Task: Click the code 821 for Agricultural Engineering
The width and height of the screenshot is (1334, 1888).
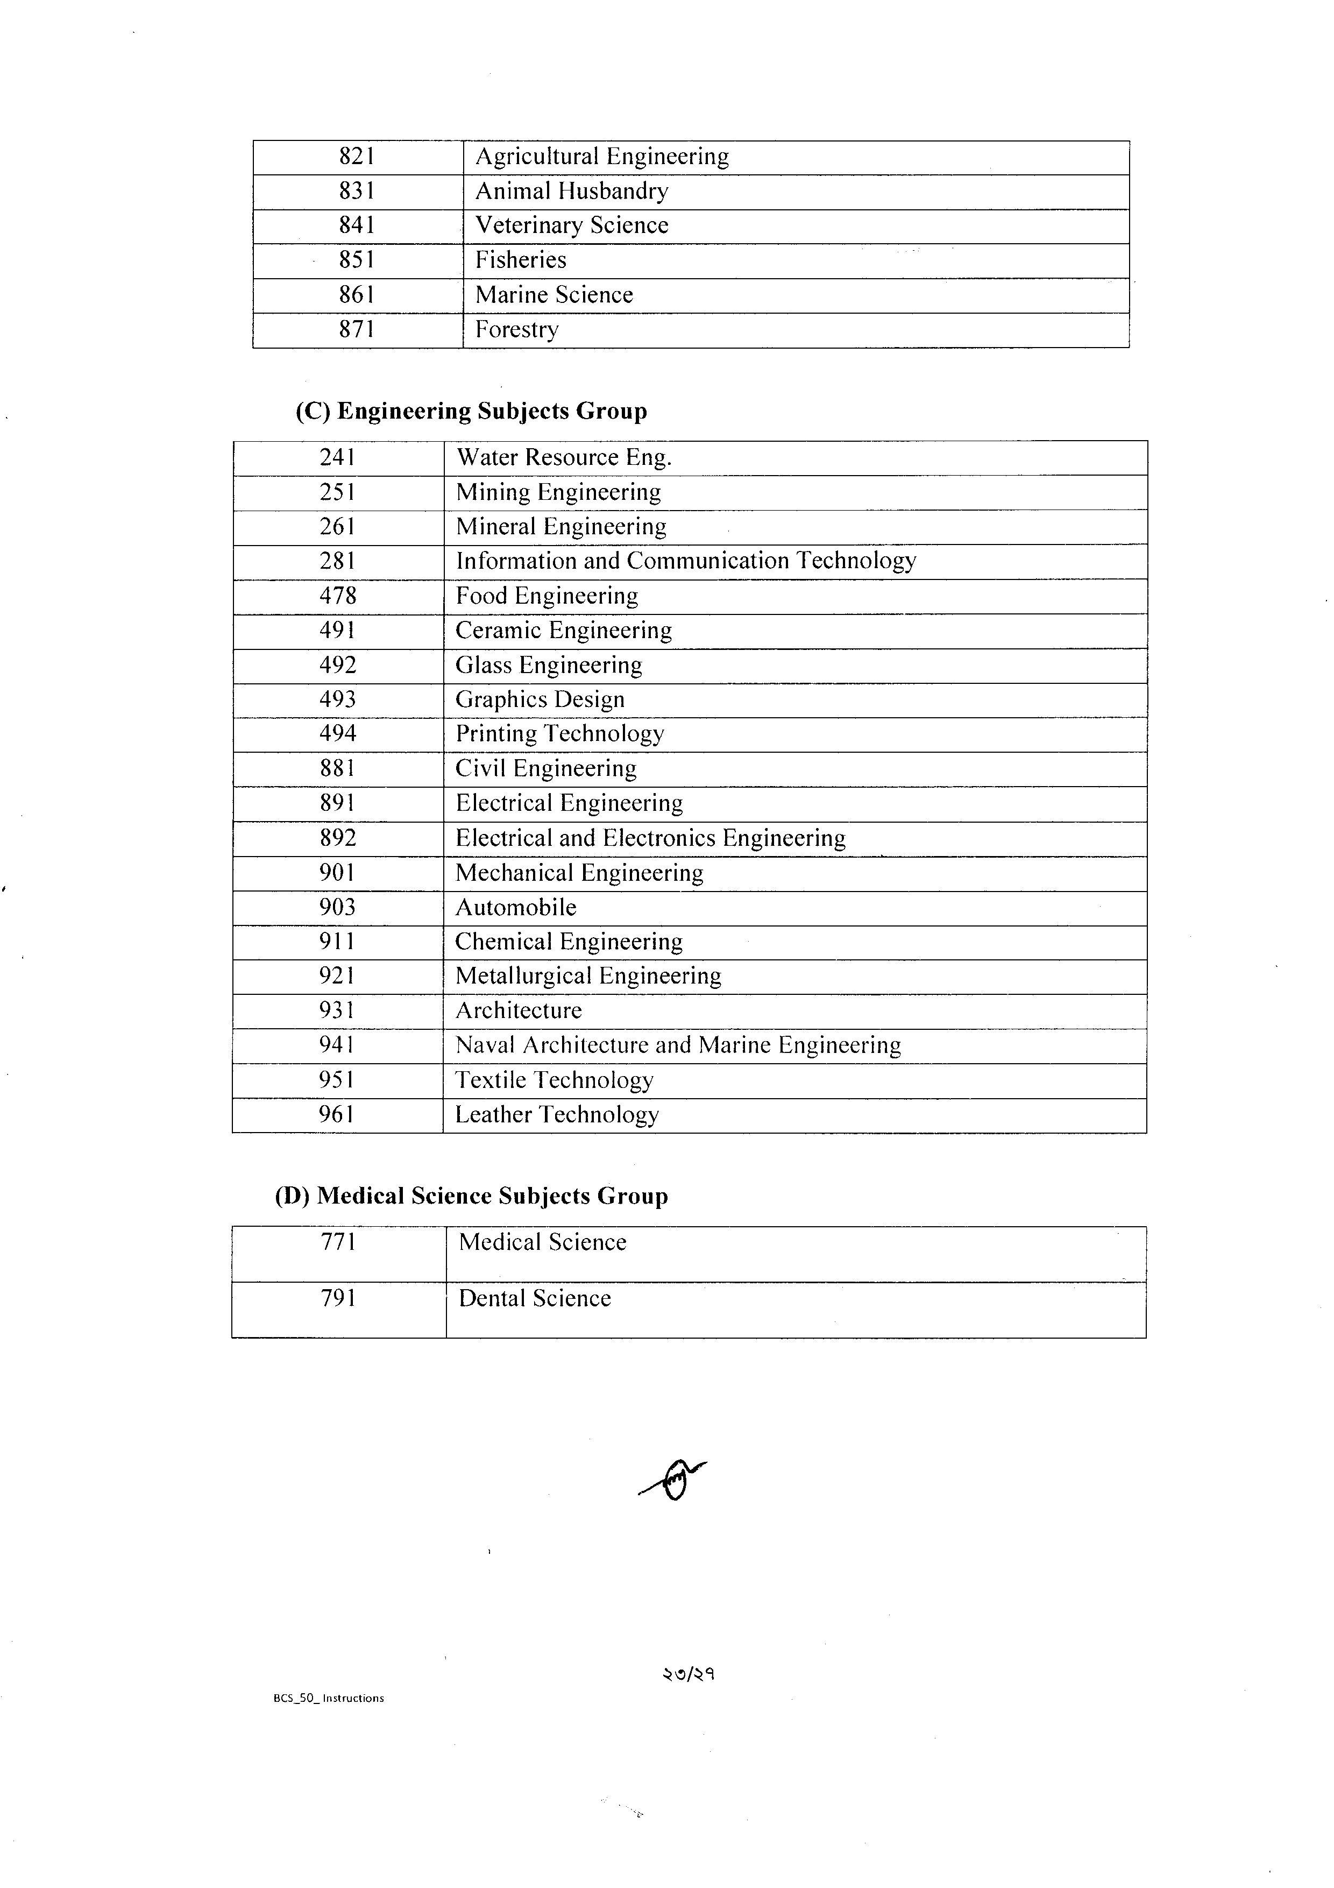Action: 357,156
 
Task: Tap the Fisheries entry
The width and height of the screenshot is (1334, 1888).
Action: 520,260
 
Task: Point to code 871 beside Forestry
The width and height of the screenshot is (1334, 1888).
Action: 357,329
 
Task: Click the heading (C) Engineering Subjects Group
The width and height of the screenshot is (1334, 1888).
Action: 471,411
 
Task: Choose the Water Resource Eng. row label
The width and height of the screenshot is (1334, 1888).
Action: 563,457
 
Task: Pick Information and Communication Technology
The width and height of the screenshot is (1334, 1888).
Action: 685,561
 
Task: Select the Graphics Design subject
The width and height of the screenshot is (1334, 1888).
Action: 540,699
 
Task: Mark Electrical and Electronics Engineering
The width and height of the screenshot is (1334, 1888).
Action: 650,838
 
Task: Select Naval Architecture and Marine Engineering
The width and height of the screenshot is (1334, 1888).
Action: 678,1045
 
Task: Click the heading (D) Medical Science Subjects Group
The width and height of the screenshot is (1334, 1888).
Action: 471,1196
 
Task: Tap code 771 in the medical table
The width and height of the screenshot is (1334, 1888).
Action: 338,1242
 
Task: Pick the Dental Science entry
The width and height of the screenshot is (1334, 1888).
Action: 534,1298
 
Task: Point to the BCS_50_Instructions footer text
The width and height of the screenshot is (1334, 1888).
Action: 328,1698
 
